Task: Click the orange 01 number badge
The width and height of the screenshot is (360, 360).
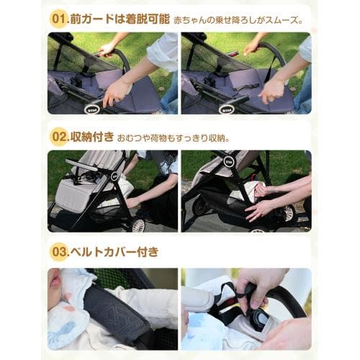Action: point(58,17)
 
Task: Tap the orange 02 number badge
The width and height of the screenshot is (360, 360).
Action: point(58,135)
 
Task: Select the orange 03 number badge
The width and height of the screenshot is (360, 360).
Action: point(58,252)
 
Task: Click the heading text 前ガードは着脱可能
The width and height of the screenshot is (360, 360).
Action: point(117,17)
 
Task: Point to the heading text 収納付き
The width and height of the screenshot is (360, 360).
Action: point(95,135)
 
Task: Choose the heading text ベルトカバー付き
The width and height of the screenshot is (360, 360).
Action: point(114,252)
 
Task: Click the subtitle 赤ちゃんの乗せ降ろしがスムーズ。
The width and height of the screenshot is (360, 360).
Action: point(238,17)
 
